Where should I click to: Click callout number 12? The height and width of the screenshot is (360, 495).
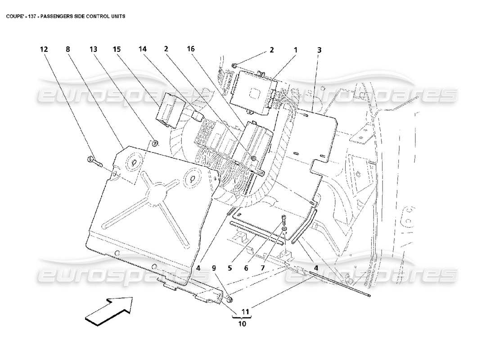(x=44, y=50)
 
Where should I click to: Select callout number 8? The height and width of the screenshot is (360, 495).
(x=68, y=50)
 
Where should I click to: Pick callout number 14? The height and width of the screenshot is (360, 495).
(x=143, y=50)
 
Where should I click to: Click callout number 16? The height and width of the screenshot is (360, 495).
(x=190, y=50)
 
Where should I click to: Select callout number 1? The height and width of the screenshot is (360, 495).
(x=296, y=50)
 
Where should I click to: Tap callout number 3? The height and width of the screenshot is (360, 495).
(x=319, y=50)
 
